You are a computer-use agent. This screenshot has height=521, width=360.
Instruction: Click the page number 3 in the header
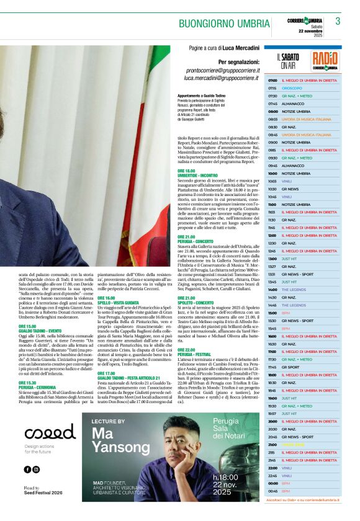point(338,21)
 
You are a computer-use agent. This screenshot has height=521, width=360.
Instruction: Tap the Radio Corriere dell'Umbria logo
point(325,61)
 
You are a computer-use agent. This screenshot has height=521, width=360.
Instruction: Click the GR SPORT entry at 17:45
point(291,367)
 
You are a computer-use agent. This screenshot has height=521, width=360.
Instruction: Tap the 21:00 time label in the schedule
point(272,445)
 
